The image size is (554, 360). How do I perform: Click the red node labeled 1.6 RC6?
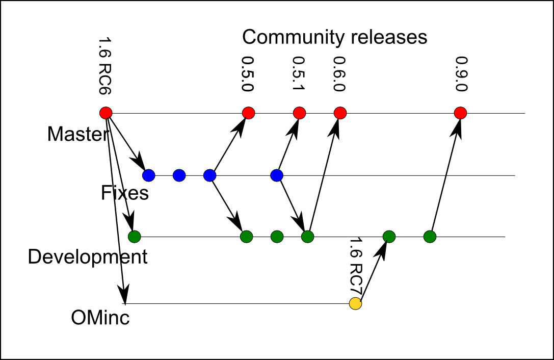click(105, 113)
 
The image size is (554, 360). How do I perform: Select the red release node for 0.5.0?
click(248, 113)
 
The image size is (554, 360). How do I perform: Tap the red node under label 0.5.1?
click(300, 113)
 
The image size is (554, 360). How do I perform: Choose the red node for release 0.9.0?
click(460, 113)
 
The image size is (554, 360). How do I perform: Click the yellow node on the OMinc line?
click(355, 304)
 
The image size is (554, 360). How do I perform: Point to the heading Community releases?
click(334, 37)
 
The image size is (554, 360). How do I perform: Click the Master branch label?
click(78, 134)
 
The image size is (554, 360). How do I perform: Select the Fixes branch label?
click(125, 193)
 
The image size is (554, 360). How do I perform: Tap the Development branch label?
click(88, 256)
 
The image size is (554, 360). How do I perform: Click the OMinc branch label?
click(100, 318)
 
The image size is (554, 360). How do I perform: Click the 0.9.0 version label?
click(461, 73)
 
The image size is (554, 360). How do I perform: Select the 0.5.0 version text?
click(248, 73)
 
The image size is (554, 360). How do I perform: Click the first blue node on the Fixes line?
click(148, 175)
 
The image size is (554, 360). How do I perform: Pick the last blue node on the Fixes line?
click(277, 175)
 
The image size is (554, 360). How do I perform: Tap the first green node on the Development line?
click(134, 237)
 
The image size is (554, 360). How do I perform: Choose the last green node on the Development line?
click(430, 237)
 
